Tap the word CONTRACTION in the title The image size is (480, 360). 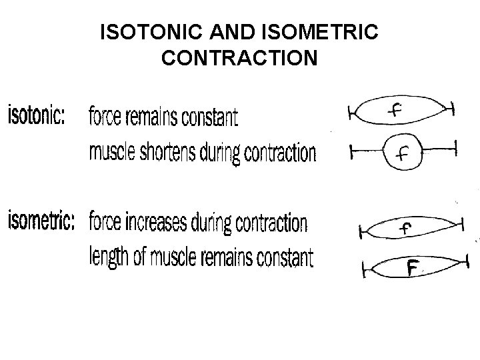(x=239, y=59)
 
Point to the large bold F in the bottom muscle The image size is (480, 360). (x=413, y=268)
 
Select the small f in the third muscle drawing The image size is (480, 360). (x=405, y=229)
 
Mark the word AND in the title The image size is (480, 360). (x=226, y=32)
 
